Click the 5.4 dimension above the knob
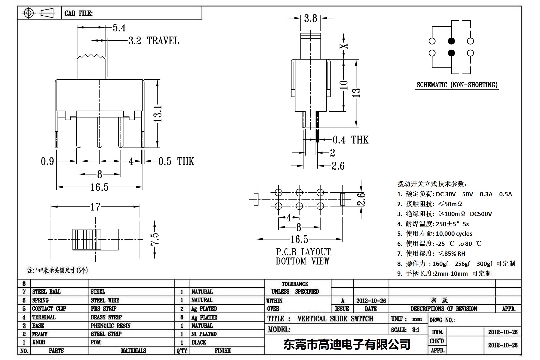(119, 28)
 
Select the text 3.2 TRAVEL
(153, 41)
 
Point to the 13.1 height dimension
(158, 114)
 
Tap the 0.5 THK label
(176, 161)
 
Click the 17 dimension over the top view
(95, 207)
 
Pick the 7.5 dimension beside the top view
(155, 239)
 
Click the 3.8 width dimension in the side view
(310, 18)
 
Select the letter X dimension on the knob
(345, 46)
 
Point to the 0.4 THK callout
(350, 140)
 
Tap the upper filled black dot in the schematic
(451, 41)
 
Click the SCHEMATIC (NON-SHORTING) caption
(457, 85)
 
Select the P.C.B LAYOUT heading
(303, 252)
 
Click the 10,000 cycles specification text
(454, 234)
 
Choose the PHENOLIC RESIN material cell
(110, 326)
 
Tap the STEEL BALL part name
(46, 292)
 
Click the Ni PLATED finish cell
(204, 334)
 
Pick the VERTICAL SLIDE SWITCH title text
(335, 319)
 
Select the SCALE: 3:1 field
(405, 330)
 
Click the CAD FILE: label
(79, 13)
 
